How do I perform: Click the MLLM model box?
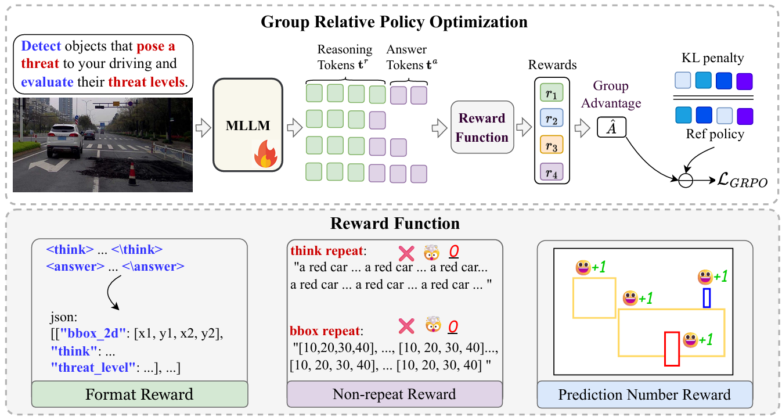point(247,125)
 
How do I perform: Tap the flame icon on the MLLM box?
point(266,154)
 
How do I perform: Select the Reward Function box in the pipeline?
point(482,127)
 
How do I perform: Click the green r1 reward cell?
point(552,92)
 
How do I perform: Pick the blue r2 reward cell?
point(552,118)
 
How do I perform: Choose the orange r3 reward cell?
point(552,145)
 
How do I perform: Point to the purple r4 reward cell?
point(552,171)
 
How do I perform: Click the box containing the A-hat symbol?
point(611,127)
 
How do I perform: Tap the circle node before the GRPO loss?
point(686,180)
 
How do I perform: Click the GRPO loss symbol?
point(742,180)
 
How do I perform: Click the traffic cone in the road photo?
point(133,174)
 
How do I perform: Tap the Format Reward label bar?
point(140,394)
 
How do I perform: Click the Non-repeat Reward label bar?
point(395,394)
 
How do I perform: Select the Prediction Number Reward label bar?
point(644,394)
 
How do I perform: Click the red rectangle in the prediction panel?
point(672,349)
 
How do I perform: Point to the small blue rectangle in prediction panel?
point(707,297)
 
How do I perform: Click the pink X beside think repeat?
point(406,253)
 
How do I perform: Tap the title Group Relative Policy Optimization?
point(394,21)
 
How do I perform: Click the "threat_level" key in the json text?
point(93,368)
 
